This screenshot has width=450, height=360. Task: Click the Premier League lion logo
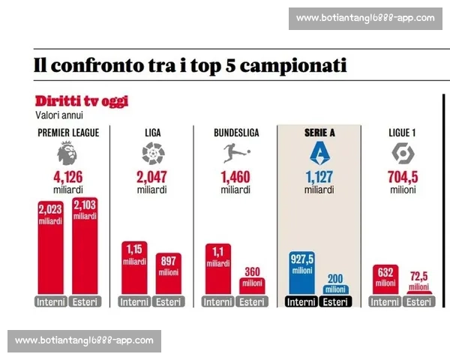67,154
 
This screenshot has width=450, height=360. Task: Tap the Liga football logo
152,154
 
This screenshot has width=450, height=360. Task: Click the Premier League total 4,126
67,178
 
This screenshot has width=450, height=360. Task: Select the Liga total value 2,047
152,178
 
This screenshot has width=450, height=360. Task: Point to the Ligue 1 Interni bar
385,280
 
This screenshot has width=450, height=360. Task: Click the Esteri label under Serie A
335,302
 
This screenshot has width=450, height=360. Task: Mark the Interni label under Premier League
49,302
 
